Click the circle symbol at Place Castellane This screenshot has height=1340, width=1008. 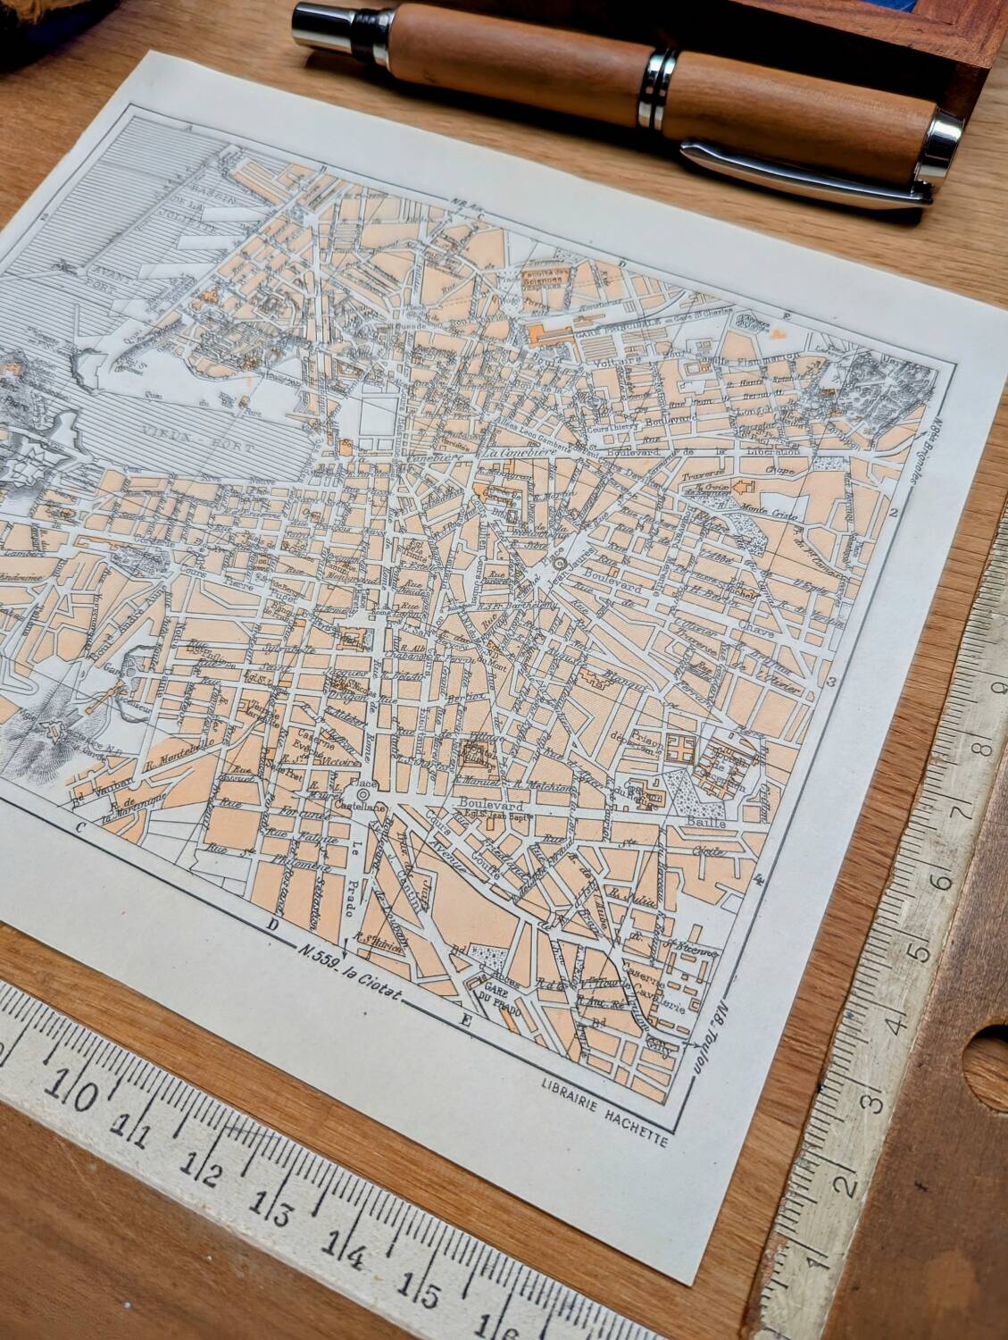tap(363, 794)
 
